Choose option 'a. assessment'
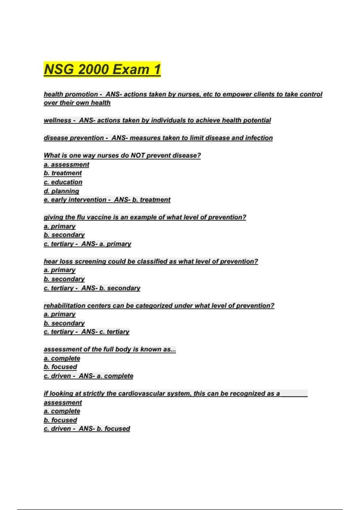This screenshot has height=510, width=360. [x=66, y=164]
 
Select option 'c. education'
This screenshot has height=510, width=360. [x=63, y=182]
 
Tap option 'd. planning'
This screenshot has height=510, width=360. [x=61, y=191]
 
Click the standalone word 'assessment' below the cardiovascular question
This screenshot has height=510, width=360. [x=63, y=403]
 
